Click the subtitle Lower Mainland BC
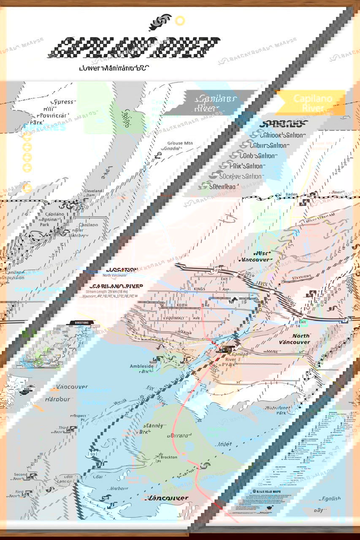coord(114,68)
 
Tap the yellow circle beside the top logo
coord(180,21)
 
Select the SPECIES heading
coord(283,124)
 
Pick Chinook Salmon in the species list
coord(283,135)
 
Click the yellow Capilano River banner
coord(310,103)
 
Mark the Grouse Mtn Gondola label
coord(180,146)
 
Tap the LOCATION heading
coord(122,270)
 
